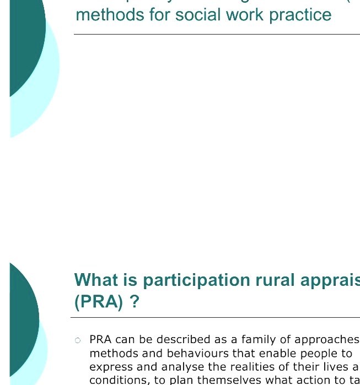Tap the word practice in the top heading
click(300, 14)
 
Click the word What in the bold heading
click(97, 280)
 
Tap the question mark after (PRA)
click(134, 302)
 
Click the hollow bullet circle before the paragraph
click(78, 340)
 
